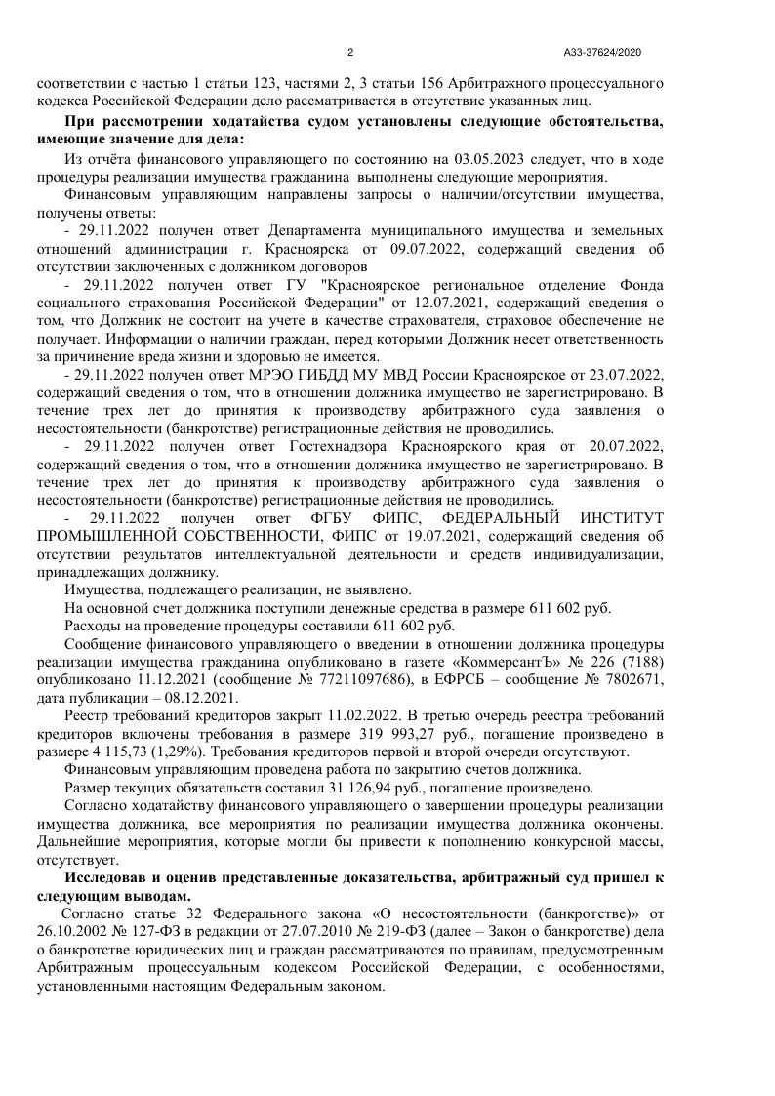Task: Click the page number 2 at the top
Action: coord(349,52)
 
